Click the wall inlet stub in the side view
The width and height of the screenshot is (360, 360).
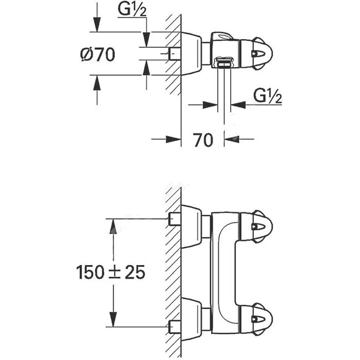pos(174,55)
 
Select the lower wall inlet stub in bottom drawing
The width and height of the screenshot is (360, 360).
pos(174,325)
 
